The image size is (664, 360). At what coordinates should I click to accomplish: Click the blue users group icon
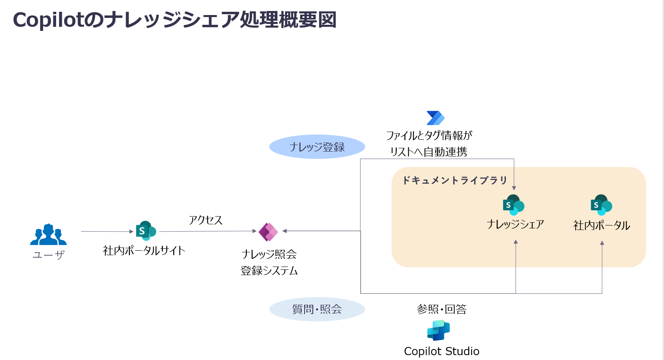coord(48,234)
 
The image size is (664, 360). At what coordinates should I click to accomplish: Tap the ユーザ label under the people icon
coord(48,255)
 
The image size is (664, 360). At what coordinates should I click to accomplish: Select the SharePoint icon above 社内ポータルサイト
coord(146,231)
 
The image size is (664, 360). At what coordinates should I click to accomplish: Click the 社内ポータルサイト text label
coord(144,251)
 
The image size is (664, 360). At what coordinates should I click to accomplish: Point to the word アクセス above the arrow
coord(205,220)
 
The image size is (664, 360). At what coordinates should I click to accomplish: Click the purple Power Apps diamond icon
coord(268,232)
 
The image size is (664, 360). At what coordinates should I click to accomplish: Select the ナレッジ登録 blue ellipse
coord(317,147)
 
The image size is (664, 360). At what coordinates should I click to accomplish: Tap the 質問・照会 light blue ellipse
coord(317,309)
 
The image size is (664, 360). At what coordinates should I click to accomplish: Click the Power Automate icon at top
coord(435,118)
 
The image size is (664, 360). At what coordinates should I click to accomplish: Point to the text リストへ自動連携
coord(429,152)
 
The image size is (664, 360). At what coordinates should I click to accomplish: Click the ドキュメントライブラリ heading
coord(454,180)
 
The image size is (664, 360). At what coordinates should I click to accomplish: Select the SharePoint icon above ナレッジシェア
coord(513,205)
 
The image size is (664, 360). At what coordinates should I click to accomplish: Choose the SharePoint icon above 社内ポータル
coord(601,205)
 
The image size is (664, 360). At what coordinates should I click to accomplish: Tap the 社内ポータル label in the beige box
coord(601,226)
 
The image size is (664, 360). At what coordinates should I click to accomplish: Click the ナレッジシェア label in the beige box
coord(515,224)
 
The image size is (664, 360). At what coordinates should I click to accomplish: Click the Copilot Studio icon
coord(438,330)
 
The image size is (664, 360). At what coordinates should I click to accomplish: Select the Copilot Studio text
coord(442,351)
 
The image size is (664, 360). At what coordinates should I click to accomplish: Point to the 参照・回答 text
coord(442,309)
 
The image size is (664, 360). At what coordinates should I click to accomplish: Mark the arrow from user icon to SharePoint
coord(107,232)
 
